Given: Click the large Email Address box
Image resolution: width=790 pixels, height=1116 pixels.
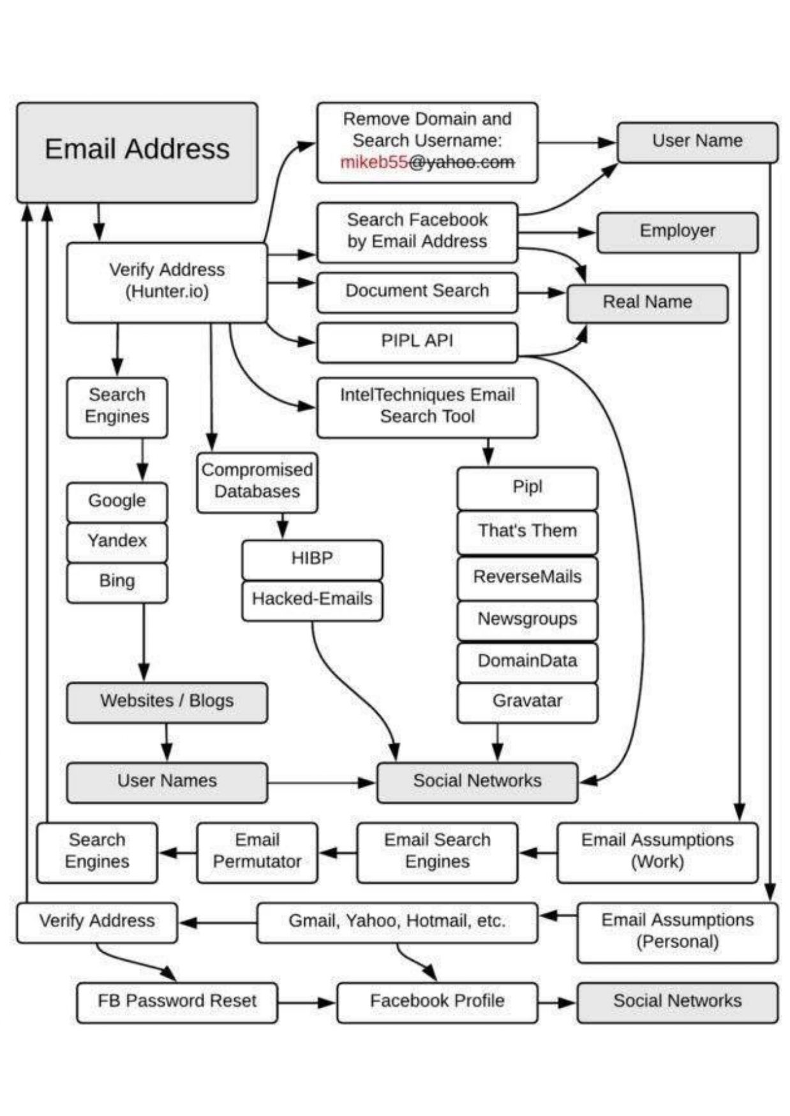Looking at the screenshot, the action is pos(137,153).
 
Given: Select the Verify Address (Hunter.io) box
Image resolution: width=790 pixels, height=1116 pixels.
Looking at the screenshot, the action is pos(167,283).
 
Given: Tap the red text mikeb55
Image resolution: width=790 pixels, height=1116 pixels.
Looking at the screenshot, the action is pos(374,162).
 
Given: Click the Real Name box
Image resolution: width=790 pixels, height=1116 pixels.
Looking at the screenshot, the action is pos(648,304).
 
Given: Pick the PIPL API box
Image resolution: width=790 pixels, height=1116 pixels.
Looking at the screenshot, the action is pos(417,342).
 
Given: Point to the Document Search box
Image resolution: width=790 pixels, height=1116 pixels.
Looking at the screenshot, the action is pos(417,293).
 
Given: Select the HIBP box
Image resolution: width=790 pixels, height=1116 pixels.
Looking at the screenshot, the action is pos(312,560).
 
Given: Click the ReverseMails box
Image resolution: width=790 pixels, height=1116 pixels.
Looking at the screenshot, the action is pos(528,578).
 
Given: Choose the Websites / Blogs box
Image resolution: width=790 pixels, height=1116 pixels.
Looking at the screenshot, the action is pos(167,703).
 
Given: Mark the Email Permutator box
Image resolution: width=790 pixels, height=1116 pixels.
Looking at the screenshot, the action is pos(257,853).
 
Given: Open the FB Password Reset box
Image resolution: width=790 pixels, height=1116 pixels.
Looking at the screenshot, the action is pos(177,1002).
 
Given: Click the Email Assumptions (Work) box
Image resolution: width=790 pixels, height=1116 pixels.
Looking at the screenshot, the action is pos(657,853).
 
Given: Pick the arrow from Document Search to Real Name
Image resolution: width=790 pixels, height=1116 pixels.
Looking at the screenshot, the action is pos(542,293).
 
